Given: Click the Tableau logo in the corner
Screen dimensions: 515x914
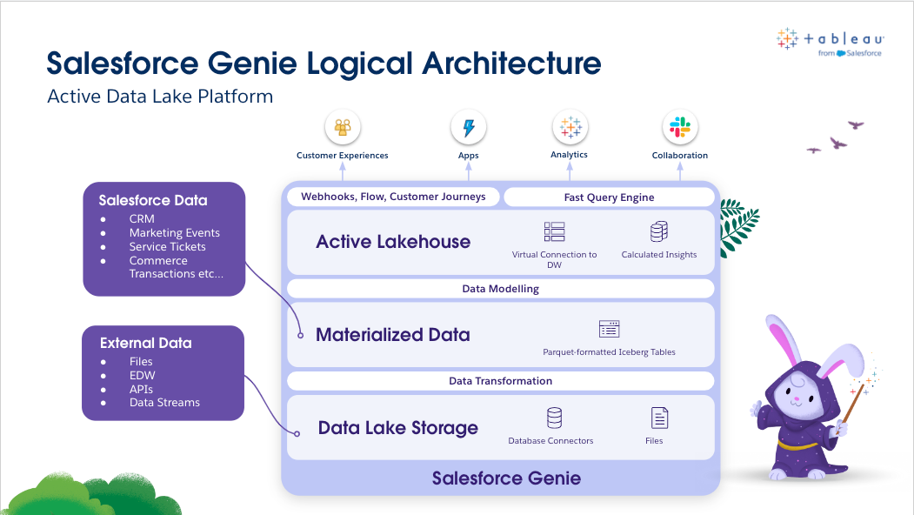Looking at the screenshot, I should click(831, 42).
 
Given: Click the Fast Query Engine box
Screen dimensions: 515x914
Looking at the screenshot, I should click(609, 197).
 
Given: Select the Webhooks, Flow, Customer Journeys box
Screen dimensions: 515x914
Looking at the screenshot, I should click(393, 197).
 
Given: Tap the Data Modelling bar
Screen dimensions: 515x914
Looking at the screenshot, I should click(500, 289).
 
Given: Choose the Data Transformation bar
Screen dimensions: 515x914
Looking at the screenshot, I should click(500, 381).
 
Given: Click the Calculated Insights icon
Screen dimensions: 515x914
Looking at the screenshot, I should click(658, 232).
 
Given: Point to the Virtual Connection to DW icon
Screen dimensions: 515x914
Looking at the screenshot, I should click(554, 231).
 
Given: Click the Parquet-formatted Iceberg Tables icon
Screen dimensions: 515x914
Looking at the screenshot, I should click(609, 329).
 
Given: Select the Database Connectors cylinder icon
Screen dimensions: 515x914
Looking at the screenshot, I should click(554, 418).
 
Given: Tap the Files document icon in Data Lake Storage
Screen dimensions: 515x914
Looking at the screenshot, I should click(659, 418).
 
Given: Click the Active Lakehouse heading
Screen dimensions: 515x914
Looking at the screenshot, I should click(393, 242).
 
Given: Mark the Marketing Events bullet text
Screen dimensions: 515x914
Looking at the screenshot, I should click(175, 233).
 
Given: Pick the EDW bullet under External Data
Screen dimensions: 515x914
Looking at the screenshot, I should click(142, 375).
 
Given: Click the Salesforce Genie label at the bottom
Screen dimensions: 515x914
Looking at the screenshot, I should click(506, 478).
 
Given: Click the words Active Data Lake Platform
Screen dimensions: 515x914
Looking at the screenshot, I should click(160, 96).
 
